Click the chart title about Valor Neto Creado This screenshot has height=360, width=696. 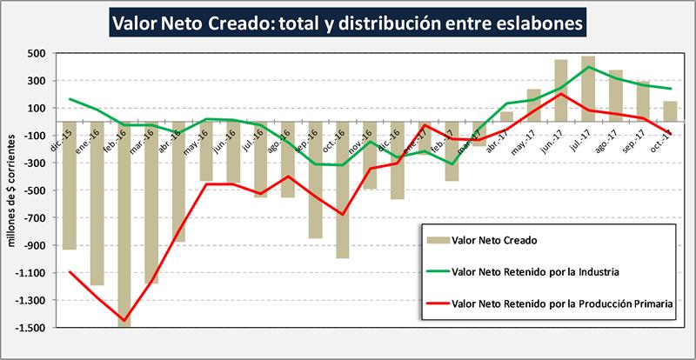coord(347,22)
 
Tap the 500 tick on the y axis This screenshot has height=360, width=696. coord(36,53)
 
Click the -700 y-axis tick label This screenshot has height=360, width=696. coord(33,218)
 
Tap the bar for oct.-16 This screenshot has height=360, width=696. coord(342,190)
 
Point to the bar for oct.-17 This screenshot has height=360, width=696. coord(670,112)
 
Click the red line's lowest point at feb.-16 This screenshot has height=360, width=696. coord(124,321)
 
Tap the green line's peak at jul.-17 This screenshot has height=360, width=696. coord(588,67)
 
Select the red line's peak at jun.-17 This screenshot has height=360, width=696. coord(561,94)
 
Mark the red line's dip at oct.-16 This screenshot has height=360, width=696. coord(342,214)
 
